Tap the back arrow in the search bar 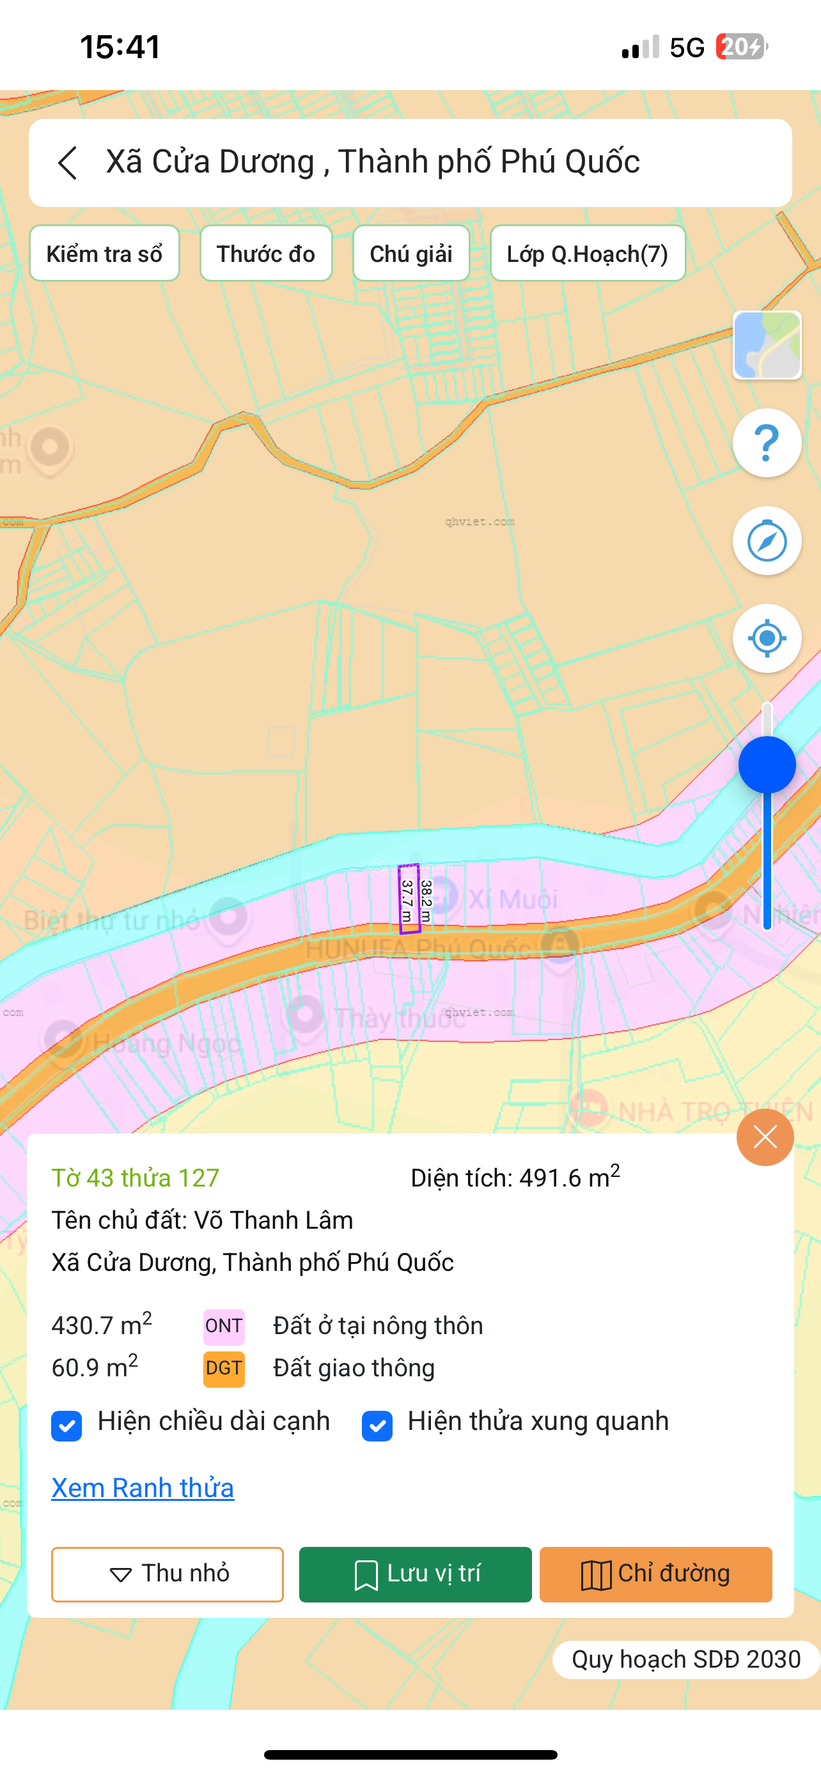68,164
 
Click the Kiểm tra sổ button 104,254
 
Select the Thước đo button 266,254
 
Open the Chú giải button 411,254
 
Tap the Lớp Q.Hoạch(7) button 588,254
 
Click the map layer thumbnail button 767,345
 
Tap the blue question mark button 767,443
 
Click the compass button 767,541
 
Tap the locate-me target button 767,638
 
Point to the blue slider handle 767,765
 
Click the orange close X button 765,1137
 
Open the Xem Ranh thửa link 143,1487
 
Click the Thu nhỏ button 168,1574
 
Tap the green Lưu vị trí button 415,1574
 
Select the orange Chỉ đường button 655,1574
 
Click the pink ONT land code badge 224,1326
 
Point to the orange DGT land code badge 224,1369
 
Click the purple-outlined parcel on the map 409,898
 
